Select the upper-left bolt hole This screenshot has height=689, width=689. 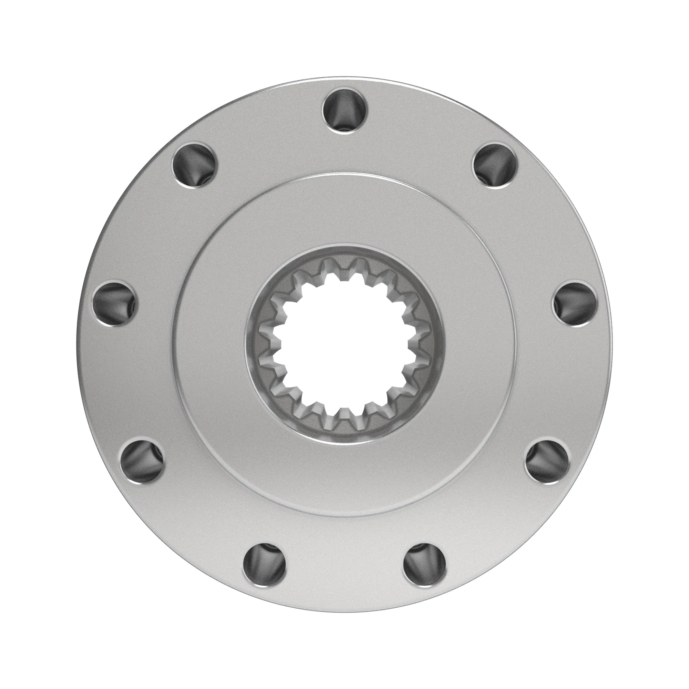tap(194, 165)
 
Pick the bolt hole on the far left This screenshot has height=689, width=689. tap(114, 304)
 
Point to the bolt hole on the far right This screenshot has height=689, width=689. tap(575, 304)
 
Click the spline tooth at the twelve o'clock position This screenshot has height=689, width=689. tap(345, 276)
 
